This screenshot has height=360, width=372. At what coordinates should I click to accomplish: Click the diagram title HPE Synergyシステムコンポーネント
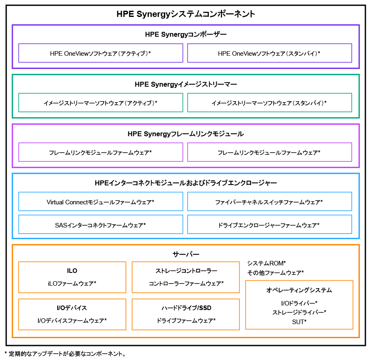pos(186,14)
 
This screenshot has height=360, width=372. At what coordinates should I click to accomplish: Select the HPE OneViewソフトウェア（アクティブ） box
pos(100,53)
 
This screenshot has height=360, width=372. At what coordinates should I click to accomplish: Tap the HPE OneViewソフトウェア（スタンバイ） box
pos(269,53)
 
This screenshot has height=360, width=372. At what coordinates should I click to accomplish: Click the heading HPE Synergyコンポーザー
pos(186,35)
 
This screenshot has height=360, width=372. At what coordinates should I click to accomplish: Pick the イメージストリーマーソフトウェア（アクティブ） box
pos(100,103)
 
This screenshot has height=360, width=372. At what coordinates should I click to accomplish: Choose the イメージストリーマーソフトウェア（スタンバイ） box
pos(269,103)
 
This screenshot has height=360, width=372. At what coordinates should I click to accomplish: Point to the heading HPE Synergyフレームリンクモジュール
pos(186,134)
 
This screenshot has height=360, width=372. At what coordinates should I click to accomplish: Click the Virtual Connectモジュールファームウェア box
pos(100,202)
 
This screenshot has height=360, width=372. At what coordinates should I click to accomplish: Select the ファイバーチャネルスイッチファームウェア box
pos(269,202)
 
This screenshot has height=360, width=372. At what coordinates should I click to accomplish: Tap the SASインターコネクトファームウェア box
pos(100,225)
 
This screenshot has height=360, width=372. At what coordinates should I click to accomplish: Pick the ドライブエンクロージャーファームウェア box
pos(269,225)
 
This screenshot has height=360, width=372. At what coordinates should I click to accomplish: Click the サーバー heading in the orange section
pos(186,254)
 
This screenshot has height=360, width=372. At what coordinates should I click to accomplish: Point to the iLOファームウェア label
pos(72,284)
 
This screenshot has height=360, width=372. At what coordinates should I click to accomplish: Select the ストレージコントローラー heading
pos(186,271)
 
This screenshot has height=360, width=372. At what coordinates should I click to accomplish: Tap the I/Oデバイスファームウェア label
pos(72,320)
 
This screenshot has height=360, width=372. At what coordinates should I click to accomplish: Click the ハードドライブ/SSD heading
pos(186,308)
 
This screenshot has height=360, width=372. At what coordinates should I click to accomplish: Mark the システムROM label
pos(267,263)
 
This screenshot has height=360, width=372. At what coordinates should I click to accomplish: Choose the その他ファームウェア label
pos(275,272)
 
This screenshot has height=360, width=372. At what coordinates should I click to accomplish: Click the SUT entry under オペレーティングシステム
pos(299,321)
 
